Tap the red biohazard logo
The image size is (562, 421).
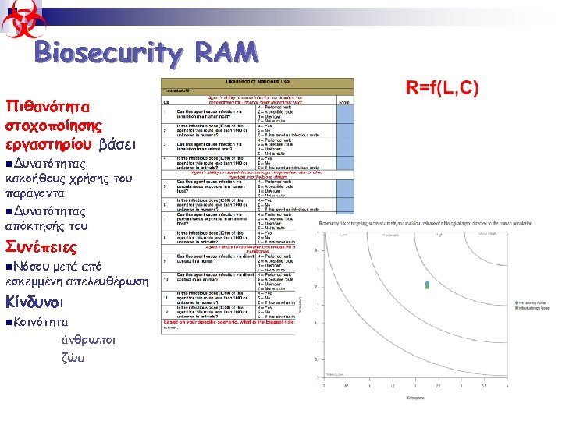pyautogui.click(x=21, y=19)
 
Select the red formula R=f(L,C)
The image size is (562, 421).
pyautogui.click(x=442, y=87)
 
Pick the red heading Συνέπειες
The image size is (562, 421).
pyautogui.click(x=41, y=247)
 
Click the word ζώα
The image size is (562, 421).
pyautogui.click(x=73, y=359)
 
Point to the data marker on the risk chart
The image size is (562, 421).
pyautogui.click(x=426, y=285)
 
